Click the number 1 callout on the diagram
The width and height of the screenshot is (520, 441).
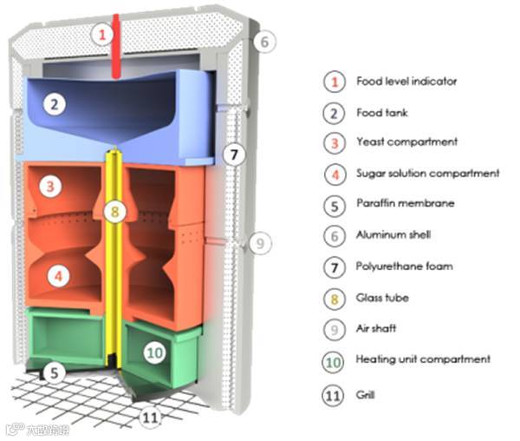point(103,36)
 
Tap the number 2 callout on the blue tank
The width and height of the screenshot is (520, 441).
point(55,105)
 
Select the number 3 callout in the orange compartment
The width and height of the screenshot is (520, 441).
point(54,186)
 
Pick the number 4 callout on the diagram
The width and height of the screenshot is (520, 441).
point(57,277)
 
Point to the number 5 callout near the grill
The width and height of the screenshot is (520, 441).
point(55,374)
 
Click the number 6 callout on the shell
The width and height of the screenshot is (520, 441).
point(265,41)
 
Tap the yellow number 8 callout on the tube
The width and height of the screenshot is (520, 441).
point(114,211)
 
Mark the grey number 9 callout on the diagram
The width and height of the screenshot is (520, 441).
point(257,245)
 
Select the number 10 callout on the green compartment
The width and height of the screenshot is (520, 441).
point(155,353)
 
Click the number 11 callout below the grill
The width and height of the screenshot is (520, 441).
point(151,418)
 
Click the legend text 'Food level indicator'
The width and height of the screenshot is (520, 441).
point(406,82)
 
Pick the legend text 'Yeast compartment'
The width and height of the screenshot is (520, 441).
point(406,142)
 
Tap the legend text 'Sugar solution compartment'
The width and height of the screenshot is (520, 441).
point(428,173)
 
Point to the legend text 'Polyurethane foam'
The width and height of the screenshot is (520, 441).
point(405,267)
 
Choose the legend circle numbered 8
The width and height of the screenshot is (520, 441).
point(334,298)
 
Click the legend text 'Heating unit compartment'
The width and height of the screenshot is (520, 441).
point(423,359)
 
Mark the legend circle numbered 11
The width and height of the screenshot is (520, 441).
point(334,391)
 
